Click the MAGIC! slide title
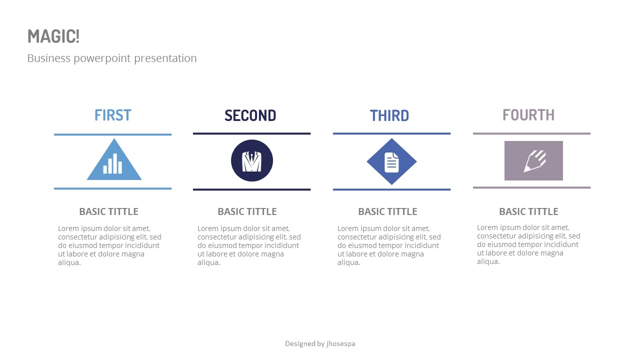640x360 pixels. click(x=53, y=36)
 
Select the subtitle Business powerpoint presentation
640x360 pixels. click(x=112, y=58)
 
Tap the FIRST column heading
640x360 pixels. click(x=112, y=115)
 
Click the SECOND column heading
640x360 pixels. click(x=250, y=115)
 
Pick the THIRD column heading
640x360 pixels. click(x=389, y=115)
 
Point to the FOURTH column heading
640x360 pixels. click(x=528, y=115)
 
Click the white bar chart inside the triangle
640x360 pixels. click(x=112, y=164)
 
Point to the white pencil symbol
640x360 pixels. click(x=533, y=161)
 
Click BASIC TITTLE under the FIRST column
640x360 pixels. click(x=108, y=211)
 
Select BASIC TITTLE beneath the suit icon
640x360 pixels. click(x=247, y=211)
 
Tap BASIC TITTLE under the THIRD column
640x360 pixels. click(x=387, y=211)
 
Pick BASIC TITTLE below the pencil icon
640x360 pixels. click(x=528, y=211)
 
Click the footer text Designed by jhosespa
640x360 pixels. click(x=320, y=343)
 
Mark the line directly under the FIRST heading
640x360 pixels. click(x=112, y=134)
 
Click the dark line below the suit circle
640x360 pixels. click(x=251, y=189)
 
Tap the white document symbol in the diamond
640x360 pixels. click(x=392, y=162)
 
